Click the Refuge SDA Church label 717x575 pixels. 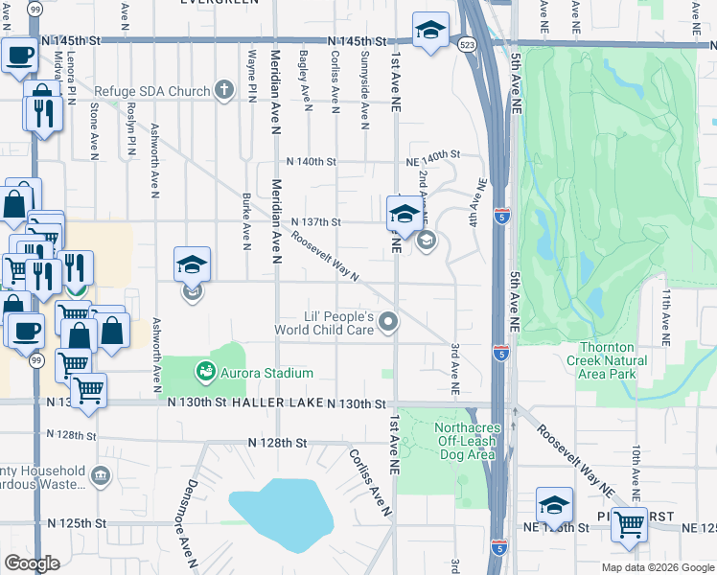coord(151,92)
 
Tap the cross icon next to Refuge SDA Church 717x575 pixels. coord(224,91)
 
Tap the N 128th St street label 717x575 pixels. coord(277,443)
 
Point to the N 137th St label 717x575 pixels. coord(316,222)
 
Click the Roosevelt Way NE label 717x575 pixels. coord(575,459)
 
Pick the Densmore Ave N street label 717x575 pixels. coord(192,517)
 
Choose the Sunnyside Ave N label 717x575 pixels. coord(365,98)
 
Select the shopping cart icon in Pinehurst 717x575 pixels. coord(628,522)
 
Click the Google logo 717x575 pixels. coord(33,563)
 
